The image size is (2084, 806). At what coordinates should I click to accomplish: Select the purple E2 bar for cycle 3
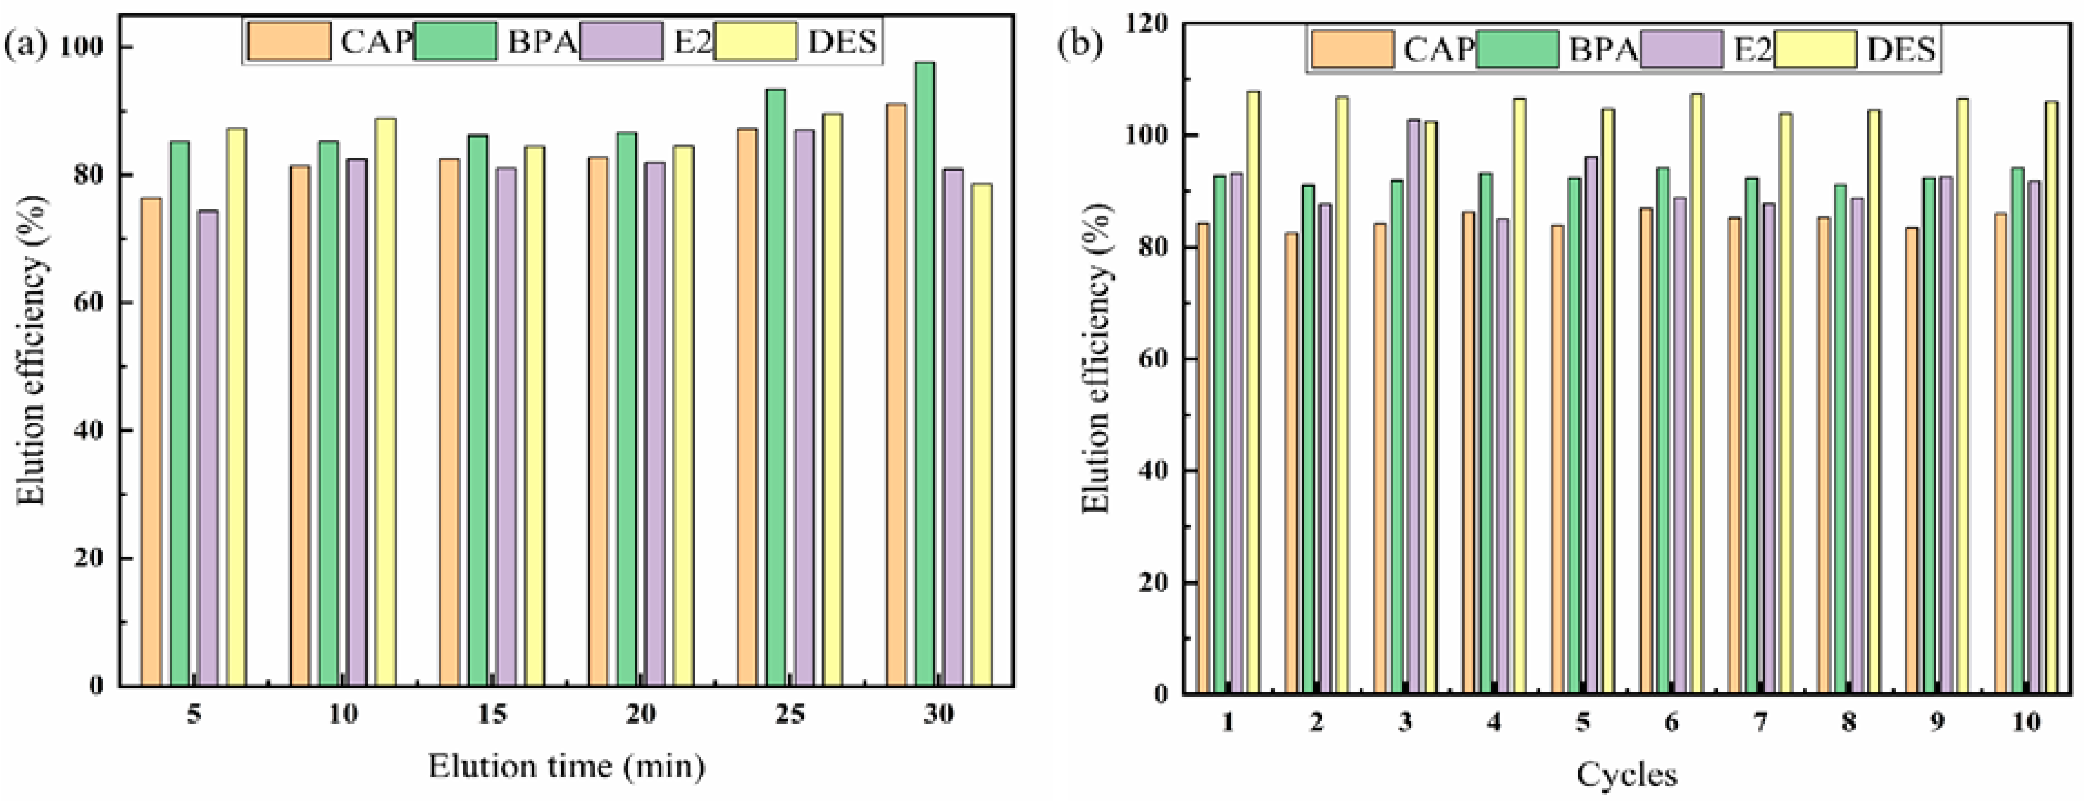pos(1413,406)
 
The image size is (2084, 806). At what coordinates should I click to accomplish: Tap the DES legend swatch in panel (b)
pos(1815,49)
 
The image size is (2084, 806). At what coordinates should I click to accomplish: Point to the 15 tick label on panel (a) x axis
pos(492,714)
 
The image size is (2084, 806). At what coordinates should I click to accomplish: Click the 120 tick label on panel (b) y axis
pos(1147,23)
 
